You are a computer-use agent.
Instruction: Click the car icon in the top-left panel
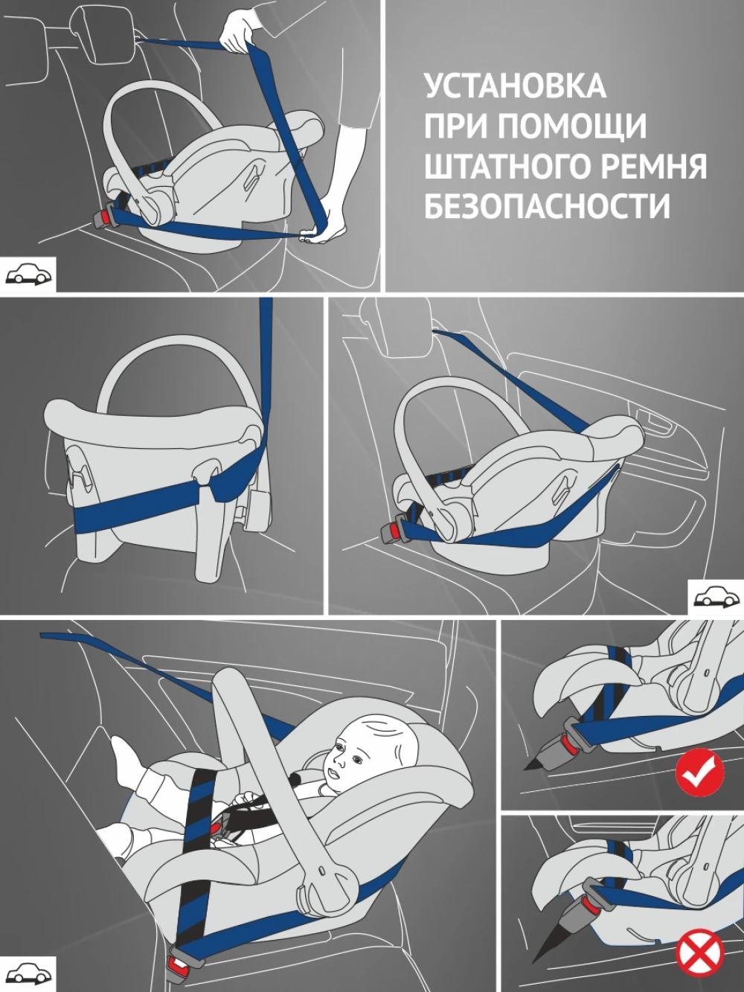[30, 274]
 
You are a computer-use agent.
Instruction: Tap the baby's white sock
[127, 754]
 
